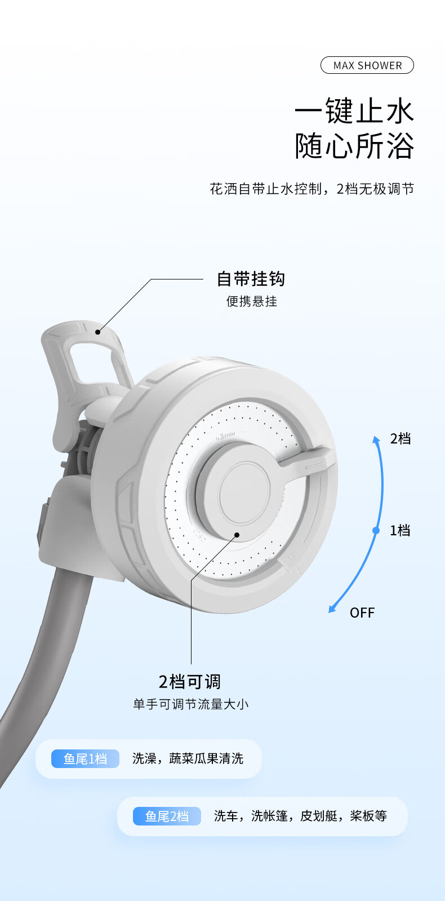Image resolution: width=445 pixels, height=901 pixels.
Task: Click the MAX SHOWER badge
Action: coord(367,65)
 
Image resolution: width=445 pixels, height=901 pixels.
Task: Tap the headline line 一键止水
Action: coord(354,110)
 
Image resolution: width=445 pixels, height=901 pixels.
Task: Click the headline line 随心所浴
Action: coord(354,147)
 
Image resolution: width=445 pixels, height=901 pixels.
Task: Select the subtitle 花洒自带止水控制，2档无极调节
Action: coord(311,189)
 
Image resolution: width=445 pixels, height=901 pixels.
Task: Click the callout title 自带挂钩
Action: coord(251,279)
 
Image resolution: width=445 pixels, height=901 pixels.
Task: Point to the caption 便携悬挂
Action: coord(252,301)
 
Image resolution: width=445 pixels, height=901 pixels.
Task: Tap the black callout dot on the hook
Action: coord(97,332)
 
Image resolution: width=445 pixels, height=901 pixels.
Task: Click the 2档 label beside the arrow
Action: coord(400,438)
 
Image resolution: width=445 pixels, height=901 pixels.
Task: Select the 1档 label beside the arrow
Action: coord(400,530)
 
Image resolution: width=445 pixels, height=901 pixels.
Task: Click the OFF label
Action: coord(362,612)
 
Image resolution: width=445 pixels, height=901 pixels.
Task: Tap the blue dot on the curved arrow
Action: coord(376,530)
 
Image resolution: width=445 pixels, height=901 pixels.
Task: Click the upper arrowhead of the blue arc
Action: coord(376,439)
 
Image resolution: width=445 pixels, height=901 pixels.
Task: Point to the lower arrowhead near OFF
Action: coord(333,609)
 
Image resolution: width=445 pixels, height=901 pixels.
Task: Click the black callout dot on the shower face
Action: coord(237,535)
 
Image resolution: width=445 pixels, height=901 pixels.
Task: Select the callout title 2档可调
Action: coord(190,682)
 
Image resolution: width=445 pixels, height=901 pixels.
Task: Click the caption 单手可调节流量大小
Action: coord(190,704)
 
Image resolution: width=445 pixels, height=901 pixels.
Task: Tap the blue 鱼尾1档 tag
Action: coord(85,759)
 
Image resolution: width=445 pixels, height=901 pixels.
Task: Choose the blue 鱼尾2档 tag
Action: coord(167,816)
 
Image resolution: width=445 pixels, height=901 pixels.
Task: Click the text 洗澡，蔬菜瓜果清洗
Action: coord(188,759)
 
